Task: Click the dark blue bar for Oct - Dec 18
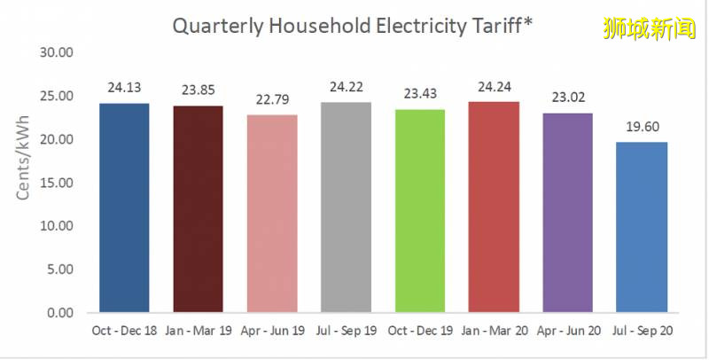pyautogui.click(x=124, y=208)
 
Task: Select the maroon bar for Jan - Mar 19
pyautogui.click(x=198, y=209)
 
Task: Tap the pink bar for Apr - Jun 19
pyautogui.click(x=272, y=214)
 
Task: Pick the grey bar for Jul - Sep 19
pyautogui.click(x=346, y=207)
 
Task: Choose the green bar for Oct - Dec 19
pyautogui.click(x=420, y=211)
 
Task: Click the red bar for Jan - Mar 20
pyautogui.click(x=494, y=207)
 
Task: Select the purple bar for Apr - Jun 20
pyautogui.click(x=567, y=213)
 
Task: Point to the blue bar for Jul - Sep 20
pyautogui.click(x=642, y=228)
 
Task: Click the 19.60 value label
pyautogui.click(x=642, y=126)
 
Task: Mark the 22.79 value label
pyautogui.click(x=272, y=98)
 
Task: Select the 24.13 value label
pyautogui.click(x=124, y=87)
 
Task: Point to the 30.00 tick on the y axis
pyautogui.click(x=58, y=52)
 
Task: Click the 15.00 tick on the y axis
pyautogui.click(x=58, y=183)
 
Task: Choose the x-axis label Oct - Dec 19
pyautogui.click(x=420, y=330)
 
